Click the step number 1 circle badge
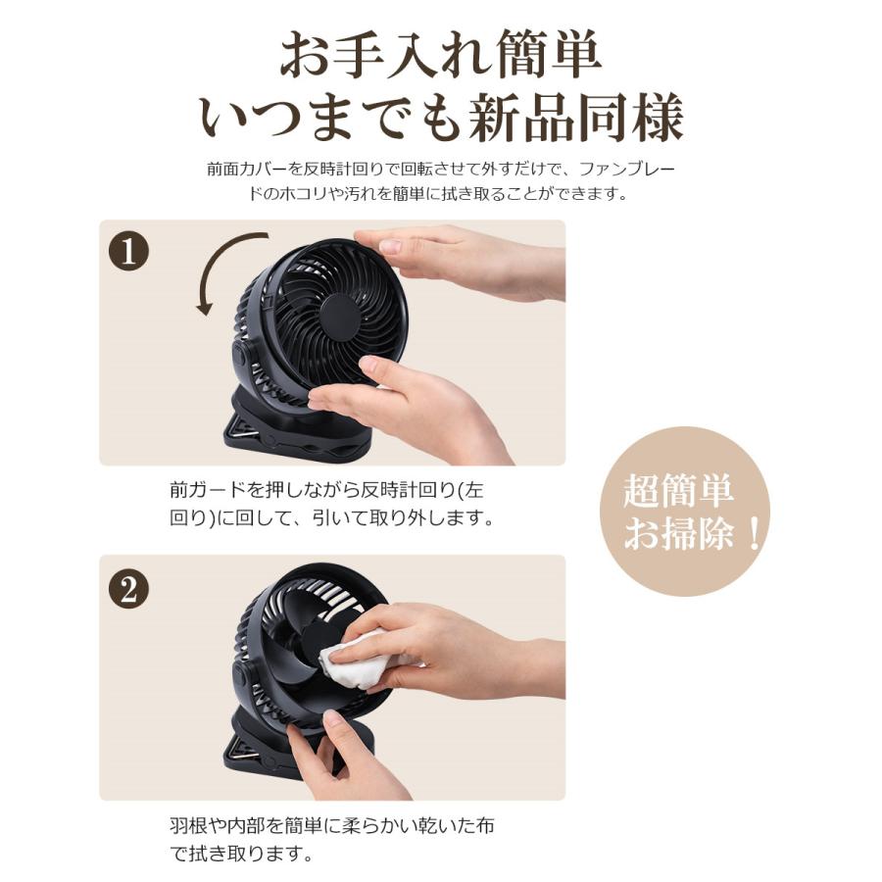(128, 252)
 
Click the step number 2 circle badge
(128, 588)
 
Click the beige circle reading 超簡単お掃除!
(685, 512)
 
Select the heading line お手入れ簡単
(440, 57)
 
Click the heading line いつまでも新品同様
(440, 119)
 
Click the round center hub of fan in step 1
(340, 317)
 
